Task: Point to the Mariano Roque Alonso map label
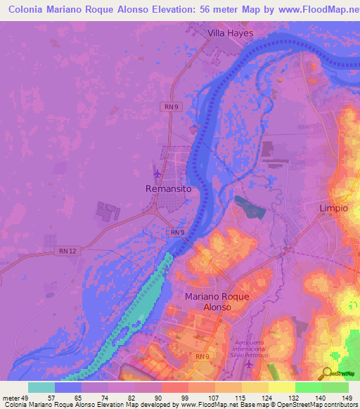point(217,302)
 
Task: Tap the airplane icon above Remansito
point(156,173)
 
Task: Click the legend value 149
point(346,397)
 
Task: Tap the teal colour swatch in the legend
point(41,387)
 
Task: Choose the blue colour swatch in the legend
point(67,387)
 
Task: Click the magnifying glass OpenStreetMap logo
point(328,373)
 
